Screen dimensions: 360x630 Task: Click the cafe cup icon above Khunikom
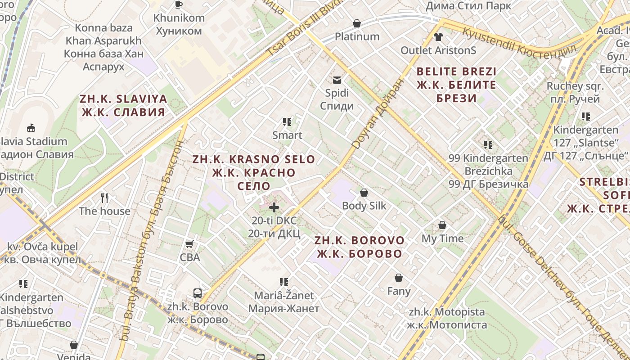(x=179, y=4)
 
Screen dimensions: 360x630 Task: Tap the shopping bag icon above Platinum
(x=357, y=23)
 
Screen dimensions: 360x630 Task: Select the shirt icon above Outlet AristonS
(x=438, y=37)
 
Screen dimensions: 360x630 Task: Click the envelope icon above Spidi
(x=337, y=80)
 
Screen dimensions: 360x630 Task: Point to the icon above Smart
(x=287, y=121)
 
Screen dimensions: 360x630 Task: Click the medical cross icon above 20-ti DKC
(x=274, y=207)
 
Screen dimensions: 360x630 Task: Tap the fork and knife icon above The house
(x=104, y=198)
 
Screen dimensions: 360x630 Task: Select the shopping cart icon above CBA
(x=189, y=244)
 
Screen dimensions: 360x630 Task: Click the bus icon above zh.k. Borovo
(x=198, y=293)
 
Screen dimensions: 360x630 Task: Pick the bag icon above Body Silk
(x=364, y=193)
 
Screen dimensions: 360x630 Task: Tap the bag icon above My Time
(x=442, y=225)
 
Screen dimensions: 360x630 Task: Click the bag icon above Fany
(x=399, y=278)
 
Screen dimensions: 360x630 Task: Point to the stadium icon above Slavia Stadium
(x=31, y=128)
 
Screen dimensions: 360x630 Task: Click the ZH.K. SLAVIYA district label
(x=123, y=105)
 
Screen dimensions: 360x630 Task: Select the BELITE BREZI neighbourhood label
(x=456, y=85)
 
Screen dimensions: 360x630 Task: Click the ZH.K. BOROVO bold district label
(x=359, y=247)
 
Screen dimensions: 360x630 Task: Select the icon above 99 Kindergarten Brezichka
(x=488, y=145)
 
